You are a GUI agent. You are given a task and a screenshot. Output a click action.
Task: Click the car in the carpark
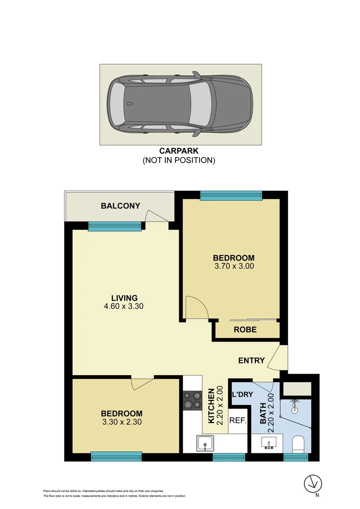coord(180,104)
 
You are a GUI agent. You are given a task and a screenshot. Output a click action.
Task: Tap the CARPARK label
coord(179,152)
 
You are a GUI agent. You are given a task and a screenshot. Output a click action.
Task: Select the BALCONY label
coord(121,205)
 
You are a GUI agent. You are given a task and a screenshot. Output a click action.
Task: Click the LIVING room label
coord(124,298)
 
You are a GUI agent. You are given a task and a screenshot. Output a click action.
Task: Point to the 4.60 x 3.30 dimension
coord(123,306)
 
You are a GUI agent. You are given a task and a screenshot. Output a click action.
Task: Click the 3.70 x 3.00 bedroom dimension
coord(234,266)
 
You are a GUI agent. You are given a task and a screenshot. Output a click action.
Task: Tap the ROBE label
coord(245,329)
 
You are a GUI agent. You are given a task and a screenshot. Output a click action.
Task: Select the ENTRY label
coord(251,361)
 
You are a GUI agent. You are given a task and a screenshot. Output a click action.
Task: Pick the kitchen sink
coord(205,443)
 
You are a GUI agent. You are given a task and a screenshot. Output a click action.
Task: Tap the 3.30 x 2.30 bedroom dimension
coord(122,422)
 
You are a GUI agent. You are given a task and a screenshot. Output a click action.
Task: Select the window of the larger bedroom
coord(231,195)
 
